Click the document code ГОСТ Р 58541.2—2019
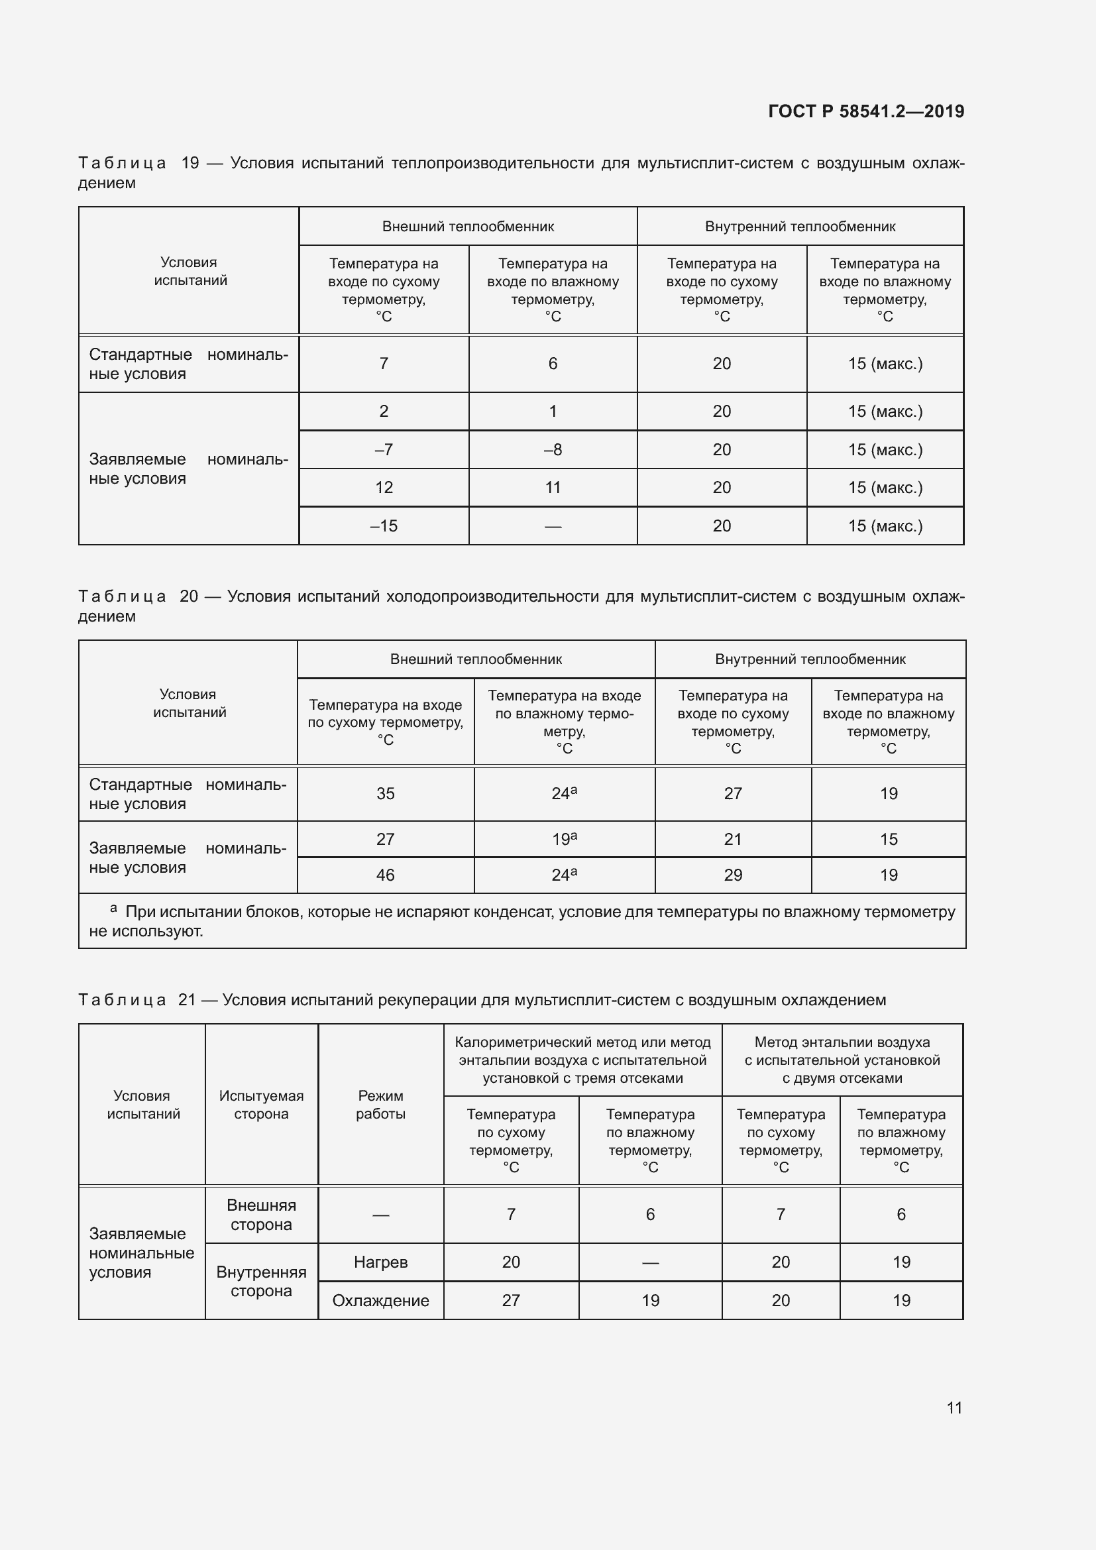[866, 111]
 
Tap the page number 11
[954, 1408]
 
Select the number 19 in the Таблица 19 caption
[190, 163]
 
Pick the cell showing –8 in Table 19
[552, 449]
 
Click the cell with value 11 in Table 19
[552, 488]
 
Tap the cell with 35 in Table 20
[385, 793]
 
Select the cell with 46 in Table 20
[385, 875]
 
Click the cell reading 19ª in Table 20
[563, 839]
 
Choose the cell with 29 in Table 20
[732, 875]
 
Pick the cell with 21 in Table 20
[732, 839]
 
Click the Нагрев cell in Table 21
[380, 1262]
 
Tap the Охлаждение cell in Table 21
[380, 1300]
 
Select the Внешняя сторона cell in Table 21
[261, 1215]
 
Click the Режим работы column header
[380, 1105]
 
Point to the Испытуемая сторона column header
[261, 1105]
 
